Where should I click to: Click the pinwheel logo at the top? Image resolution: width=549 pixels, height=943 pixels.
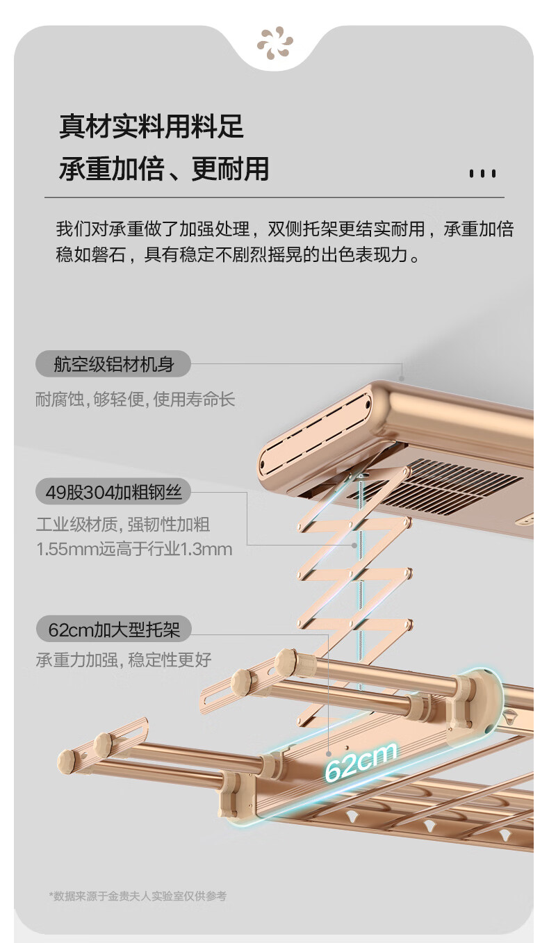tap(274, 42)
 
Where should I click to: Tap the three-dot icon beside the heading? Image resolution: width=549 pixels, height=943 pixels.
tap(482, 173)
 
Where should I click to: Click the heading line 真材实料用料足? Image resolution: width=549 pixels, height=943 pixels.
tap(151, 127)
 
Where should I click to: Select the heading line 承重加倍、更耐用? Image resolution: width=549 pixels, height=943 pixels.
tap(163, 169)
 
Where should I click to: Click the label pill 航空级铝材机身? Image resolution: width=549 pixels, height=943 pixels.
tap(113, 363)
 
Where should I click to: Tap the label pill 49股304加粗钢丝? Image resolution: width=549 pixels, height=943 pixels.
tap(113, 493)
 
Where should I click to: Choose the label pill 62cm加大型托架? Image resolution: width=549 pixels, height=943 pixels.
tap(113, 630)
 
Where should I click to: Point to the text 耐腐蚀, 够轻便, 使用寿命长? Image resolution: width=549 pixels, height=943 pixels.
tap(136, 400)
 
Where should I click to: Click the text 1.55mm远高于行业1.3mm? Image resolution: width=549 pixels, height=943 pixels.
tap(134, 550)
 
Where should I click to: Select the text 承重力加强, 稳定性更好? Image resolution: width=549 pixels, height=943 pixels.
tap(124, 659)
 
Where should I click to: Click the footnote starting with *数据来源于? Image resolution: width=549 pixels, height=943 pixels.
tap(138, 896)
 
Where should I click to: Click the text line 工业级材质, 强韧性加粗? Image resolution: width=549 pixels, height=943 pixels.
tap(123, 525)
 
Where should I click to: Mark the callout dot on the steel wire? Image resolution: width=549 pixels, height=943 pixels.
tap(355, 546)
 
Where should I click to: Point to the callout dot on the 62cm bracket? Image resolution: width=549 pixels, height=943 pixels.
tap(329, 752)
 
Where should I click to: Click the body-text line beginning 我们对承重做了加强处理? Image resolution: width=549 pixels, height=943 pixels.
tap(284, 229)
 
